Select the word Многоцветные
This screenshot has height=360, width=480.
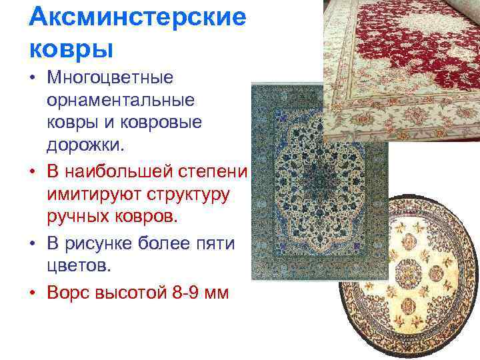pyautogui.click(x=111, y=78)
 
